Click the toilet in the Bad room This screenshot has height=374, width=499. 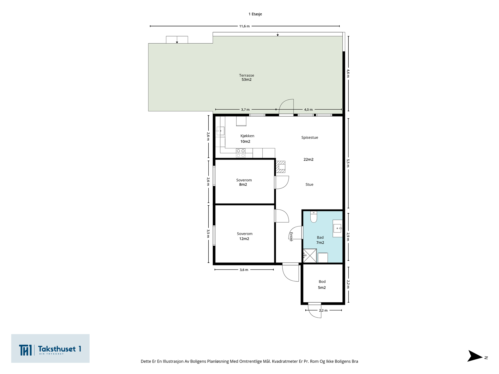pos(313,217)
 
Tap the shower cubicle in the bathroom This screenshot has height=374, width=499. pos(310,256)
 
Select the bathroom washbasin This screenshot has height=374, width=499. pos(337,228)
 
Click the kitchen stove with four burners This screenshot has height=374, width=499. pos(241,153)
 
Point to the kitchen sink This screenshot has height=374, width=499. pos(220,131)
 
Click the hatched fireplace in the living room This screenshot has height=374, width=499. pos(280,167)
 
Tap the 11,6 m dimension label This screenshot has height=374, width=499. pos(245,26)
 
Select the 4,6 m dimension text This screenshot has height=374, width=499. pos(348,73)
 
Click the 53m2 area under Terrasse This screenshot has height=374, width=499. pos(246,79)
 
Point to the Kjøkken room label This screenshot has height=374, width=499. pos(247,136)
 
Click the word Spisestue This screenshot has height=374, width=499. pos(310,137)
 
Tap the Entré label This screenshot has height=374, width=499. pos(291,237)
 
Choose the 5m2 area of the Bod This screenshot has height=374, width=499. pos(322,287)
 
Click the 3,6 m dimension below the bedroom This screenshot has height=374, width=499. pos(244,270)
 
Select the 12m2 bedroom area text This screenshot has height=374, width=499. pos(244,239)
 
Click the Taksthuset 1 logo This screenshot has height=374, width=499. pos(50,348)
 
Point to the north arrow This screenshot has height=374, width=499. pos(474,356)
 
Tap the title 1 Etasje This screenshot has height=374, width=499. pos(255,14)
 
